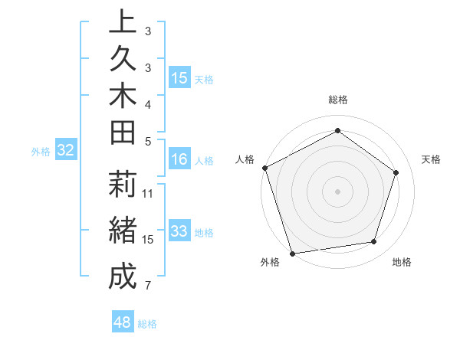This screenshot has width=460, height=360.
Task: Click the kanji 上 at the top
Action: [x=122, y=21]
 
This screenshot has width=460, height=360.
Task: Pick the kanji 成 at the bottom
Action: [x=122, y=277]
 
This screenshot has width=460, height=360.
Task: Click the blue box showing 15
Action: [x=179, y=77]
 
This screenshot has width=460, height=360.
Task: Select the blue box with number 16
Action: [x=179, y=159]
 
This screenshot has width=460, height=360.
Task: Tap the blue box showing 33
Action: [x=179, y=231]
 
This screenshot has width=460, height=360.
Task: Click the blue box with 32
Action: [x=66, y=150]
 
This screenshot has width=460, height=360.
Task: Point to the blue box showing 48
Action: [x=122, y=322]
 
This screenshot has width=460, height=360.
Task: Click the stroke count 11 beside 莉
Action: [x=148, y=193]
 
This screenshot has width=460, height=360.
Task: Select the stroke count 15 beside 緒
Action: [x=148, y=239]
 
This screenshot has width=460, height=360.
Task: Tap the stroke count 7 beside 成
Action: [x=148, y=286]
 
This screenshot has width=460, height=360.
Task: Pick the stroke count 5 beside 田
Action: [x=148, y=140]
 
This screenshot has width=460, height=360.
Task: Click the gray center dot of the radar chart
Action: [x=337, y=191]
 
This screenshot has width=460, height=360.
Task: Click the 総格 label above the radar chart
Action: [x=337, y=100]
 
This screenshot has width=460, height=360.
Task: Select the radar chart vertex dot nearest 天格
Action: [x=396, y=172]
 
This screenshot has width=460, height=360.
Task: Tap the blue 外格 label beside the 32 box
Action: [x=41, y=152]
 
